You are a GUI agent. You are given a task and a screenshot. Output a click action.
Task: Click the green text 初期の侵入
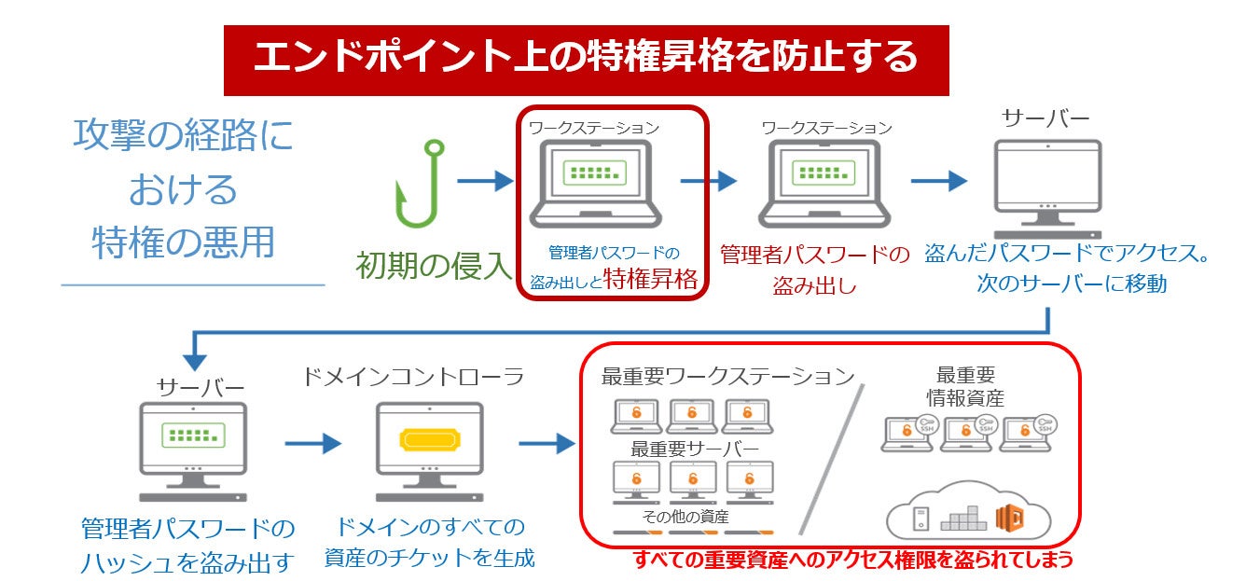pyautogui.click(x=434, y=266)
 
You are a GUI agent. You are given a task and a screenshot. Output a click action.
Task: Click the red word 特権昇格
pyautogui.click(x=650, y=279)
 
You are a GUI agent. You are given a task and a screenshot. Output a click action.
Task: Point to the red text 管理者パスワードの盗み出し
pyautogui.click(x=814, y=270)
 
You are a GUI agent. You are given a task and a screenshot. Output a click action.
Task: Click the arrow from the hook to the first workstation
pyautogui.click(x=485, y=181)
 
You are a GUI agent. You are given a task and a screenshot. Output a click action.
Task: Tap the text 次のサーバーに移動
pyautogui.click(x=1071, y=284)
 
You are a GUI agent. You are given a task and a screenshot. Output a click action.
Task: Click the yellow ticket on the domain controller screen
pyautogui.click(x=429, y=438)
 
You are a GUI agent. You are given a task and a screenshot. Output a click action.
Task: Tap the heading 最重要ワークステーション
pyautogui.click(x=728, y=376)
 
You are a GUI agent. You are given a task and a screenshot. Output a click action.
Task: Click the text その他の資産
pyautogui.click(x=685, y=516)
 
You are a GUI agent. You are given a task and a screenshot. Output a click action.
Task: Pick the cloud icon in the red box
pyautogui.click(x=968, y=513)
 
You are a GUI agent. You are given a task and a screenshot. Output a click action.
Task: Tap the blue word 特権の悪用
pyautogui.click(x=184, y=242)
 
